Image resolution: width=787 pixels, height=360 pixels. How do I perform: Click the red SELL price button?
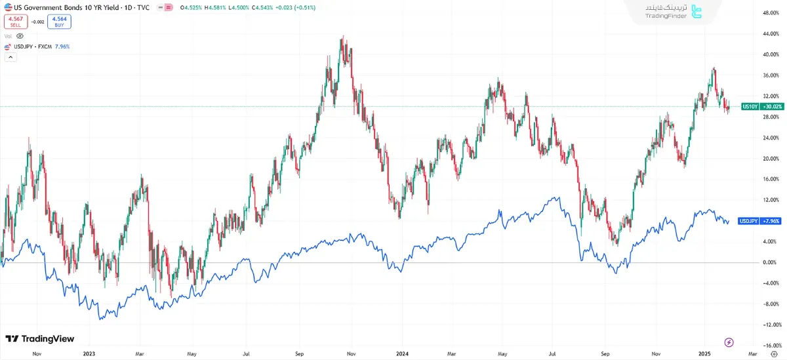point(15,22)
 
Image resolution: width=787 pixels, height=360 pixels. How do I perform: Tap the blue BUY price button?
point(59,22)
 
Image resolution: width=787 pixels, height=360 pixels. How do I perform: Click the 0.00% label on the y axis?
point(769,262)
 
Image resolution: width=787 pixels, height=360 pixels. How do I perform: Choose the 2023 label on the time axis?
point(89,353)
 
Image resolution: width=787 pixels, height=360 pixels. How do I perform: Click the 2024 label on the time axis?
point(403,353)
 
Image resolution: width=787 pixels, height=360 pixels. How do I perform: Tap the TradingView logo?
point(39,338)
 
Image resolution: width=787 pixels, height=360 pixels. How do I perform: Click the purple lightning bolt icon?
point(729,342)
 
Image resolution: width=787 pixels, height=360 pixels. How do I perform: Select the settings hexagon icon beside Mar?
point(774,353)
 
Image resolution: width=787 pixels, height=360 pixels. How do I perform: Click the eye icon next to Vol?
point(20,36)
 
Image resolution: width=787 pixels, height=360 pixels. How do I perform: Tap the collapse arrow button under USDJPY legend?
point(10,57)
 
